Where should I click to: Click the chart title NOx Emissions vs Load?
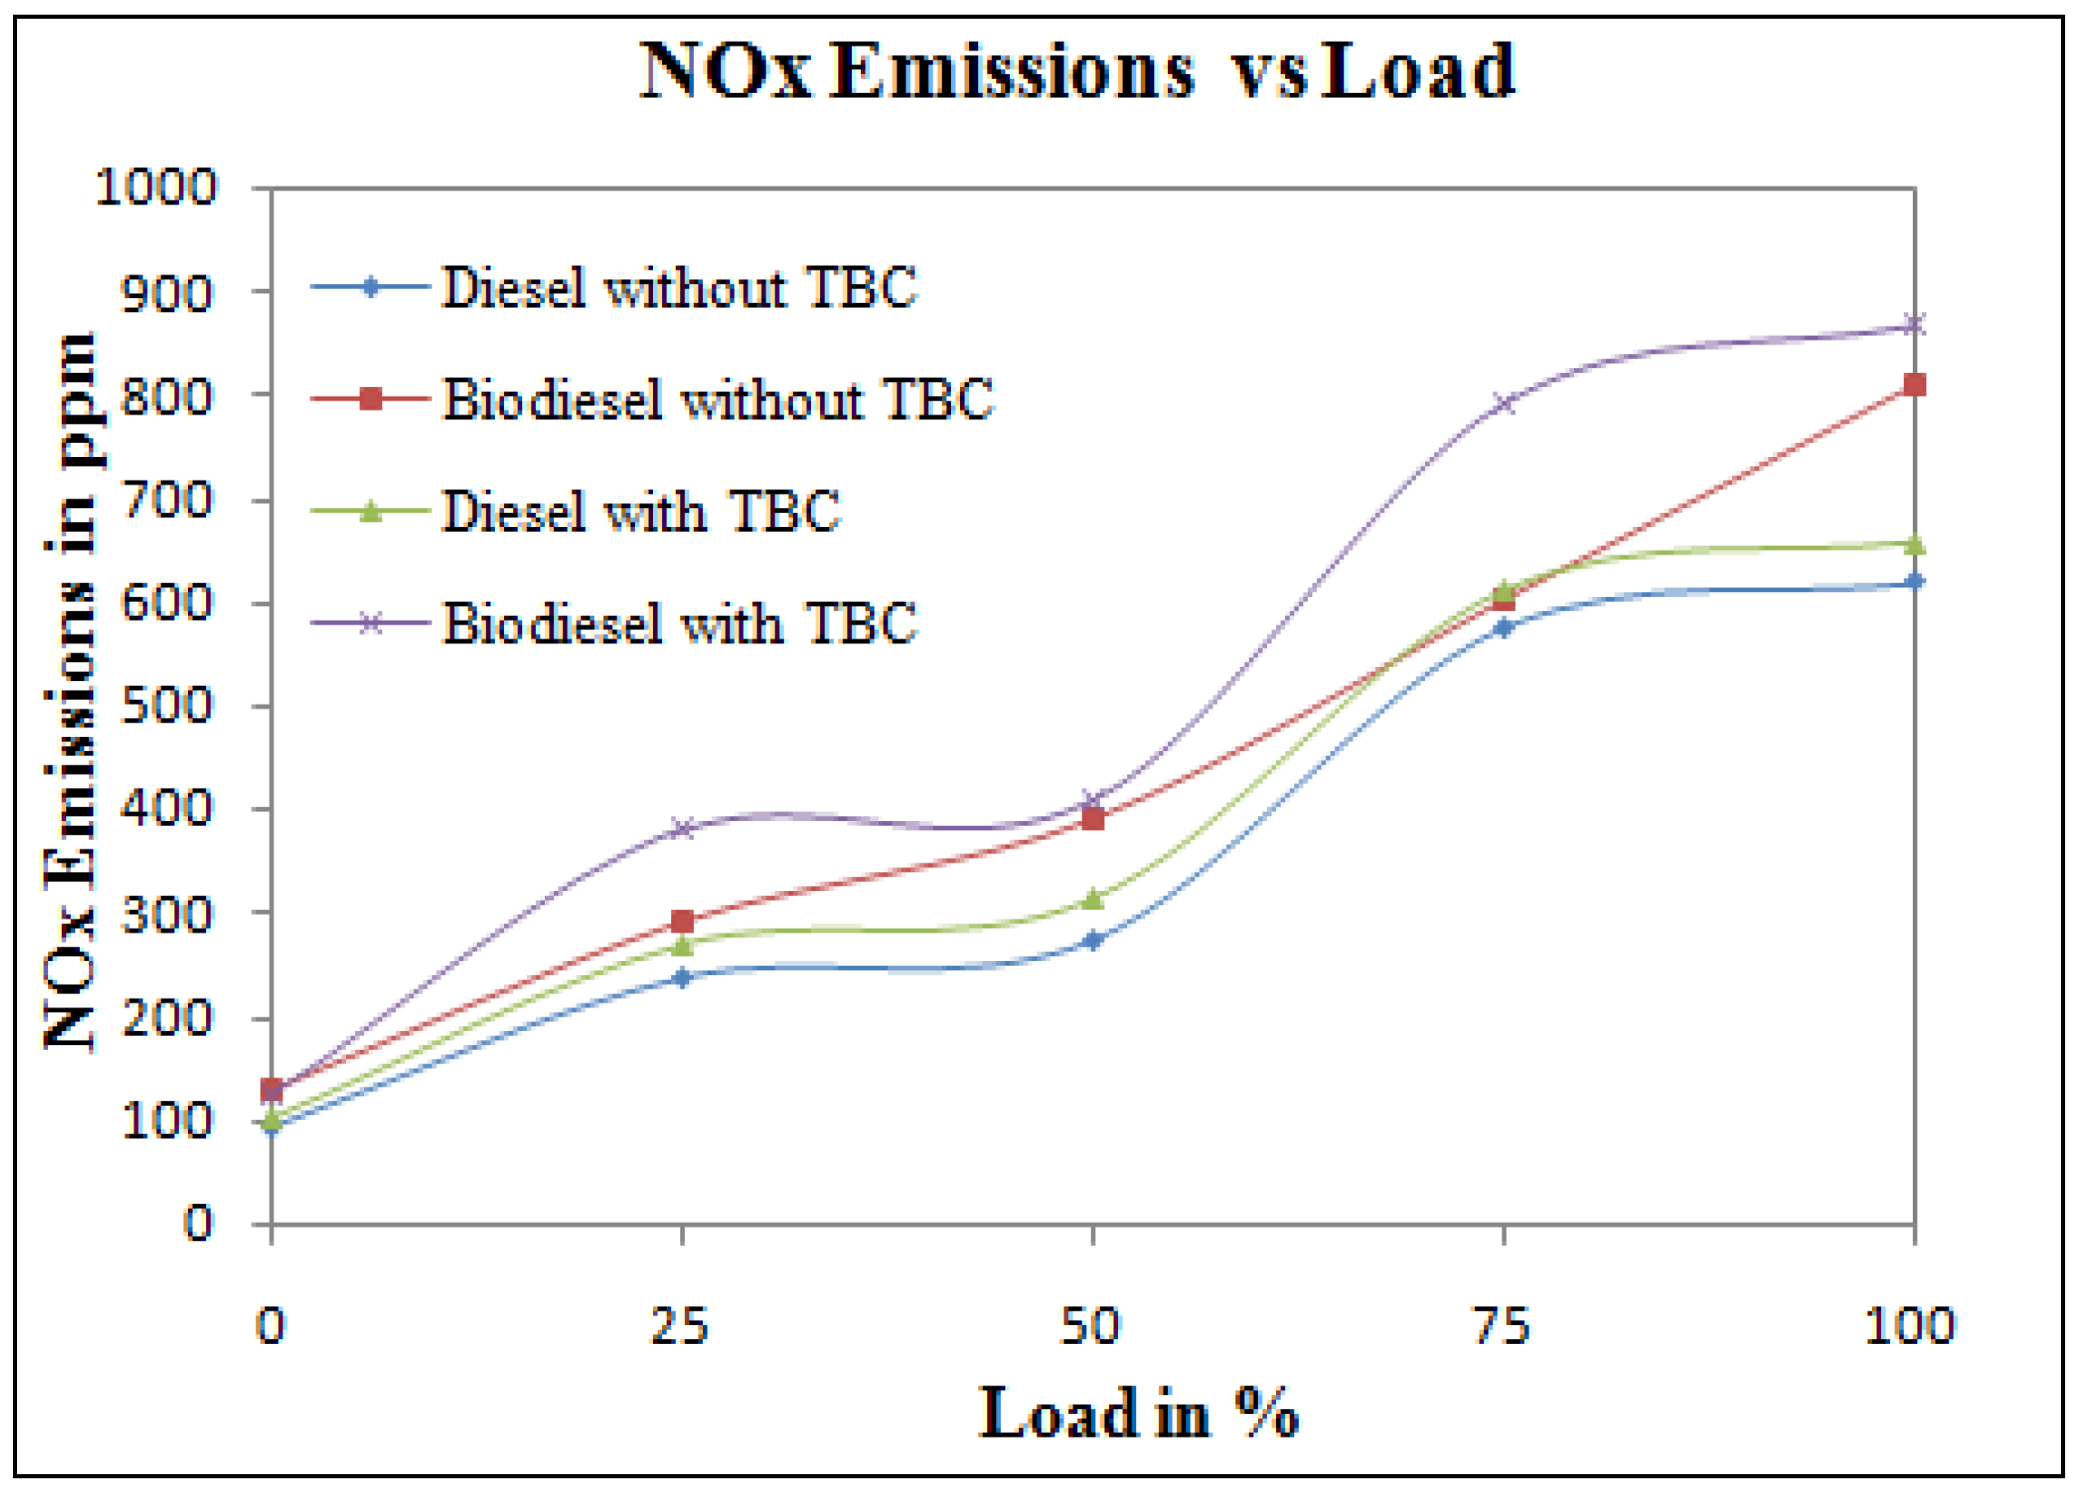click(1077, 72)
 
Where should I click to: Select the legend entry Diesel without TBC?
click(678, 287)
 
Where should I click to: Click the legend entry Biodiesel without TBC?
click(717, 400)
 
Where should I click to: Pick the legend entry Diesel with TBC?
click(641, 511)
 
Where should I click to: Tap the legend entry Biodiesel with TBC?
click(678, 623)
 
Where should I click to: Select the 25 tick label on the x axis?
click(680, 1326)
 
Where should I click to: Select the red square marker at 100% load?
click(1913, 385)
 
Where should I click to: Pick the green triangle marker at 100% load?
click(1913, 546)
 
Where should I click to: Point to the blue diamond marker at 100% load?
click(1913, 582)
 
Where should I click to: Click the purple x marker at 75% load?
click(1502, 402)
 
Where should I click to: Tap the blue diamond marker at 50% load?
click(1092, 940)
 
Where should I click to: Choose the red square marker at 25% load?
click(681, 920)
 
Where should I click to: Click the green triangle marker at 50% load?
click(1092, 899)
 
